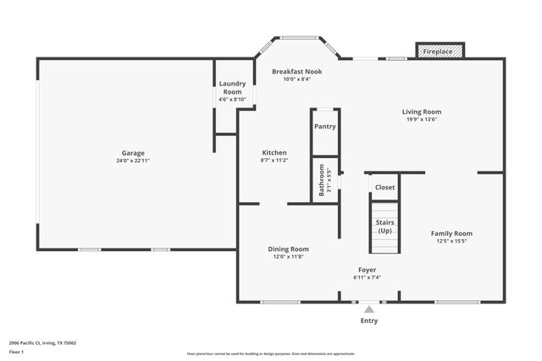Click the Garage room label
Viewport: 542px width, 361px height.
pos(130,153)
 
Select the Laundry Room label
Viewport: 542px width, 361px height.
pos(232,88)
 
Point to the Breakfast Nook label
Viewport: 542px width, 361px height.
pos(296,72)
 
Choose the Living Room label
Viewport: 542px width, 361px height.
pos(421,112)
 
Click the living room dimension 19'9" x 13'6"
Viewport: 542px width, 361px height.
pos(421,119)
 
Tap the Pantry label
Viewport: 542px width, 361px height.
pos(325,127)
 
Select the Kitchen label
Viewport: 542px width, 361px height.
pos(274,153)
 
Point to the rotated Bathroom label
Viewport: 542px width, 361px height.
pos(322,180)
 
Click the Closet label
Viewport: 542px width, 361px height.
pos(384,188)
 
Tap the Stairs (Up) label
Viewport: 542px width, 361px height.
pos(384,227)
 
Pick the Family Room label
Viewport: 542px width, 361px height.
pos(451,233)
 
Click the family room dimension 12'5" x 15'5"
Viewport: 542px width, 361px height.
pos(451,241)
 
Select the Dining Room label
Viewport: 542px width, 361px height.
pos(288,249)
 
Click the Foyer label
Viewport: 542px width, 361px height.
pos(367,270)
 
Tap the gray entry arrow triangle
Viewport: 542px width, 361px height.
pos(368,309)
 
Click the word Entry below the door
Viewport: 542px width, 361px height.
pos(369,321)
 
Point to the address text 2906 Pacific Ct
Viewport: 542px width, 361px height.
pos(42,343)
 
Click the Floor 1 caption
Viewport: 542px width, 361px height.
pos(17,352)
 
